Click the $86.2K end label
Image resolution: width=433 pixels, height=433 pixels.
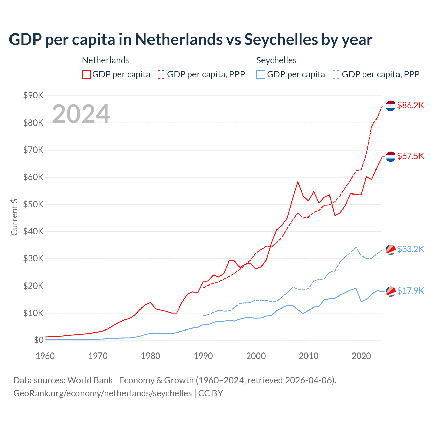point(410,105)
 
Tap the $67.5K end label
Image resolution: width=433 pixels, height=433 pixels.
point(410,156)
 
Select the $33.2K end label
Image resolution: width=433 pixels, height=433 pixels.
point(410,249)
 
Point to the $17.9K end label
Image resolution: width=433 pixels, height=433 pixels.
point(410,291)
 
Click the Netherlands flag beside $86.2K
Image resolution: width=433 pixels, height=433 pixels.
point(391,106)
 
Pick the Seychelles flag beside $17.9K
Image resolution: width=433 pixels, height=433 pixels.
point(391,291)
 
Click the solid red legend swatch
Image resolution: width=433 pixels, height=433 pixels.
point(86,74)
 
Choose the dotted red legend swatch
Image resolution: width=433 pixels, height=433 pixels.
point(161,74)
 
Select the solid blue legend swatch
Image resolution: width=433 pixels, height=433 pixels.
point(261,74)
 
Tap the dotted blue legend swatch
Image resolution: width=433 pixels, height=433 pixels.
point(336,74)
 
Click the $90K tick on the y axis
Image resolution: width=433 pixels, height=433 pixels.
point(33,95)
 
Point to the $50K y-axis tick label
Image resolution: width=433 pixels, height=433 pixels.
point(33,204)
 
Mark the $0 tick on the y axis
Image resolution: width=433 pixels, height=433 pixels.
point(38,340)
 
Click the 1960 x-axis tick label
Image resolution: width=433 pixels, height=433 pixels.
point(45,356)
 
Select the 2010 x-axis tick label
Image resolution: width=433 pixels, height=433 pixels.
point(309,356)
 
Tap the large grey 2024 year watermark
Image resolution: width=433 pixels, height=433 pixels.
point(81,114)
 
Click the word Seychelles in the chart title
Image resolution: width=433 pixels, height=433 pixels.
point(281,40)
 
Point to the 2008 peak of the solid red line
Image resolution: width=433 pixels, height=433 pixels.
point(298,182)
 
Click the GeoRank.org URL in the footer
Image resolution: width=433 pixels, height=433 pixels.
point(102,393)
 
